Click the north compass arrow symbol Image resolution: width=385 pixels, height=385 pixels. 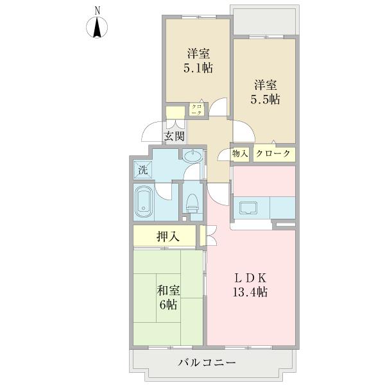(98, 29)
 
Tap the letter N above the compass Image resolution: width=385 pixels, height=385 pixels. (98, 10)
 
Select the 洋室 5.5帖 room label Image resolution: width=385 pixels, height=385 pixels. (265, 92)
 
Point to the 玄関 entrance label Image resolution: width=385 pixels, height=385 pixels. (174, 136)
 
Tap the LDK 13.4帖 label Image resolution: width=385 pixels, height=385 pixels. (250, 286)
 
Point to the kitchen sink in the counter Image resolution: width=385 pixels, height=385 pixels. (248, 208)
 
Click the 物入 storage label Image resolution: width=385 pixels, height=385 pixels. (240, 154)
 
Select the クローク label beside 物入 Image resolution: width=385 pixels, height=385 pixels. (273, 154)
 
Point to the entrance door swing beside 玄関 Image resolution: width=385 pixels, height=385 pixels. (153, 132)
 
